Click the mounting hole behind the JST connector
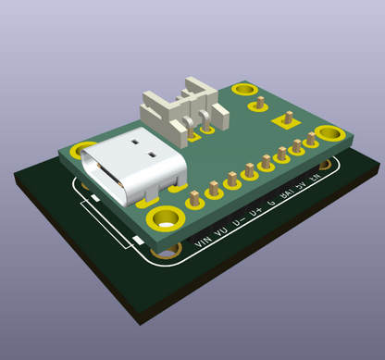point(244,89)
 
